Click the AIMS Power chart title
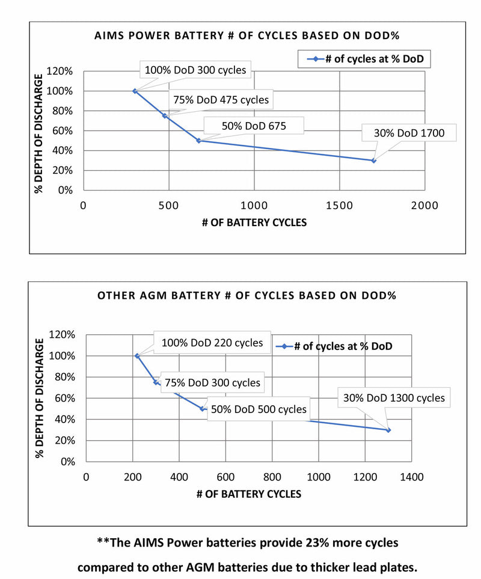247,35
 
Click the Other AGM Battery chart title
247,296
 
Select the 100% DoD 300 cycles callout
195,70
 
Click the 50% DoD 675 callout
253,126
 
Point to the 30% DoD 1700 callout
409,133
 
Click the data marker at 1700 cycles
373,161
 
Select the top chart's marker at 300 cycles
135,91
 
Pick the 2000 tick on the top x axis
424,205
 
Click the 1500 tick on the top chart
339,205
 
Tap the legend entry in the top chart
366,59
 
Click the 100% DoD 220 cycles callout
212,343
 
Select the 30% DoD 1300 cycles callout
394,398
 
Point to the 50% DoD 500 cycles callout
259,409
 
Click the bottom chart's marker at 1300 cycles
388,430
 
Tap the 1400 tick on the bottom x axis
411,477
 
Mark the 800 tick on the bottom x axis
272,477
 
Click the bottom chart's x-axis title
248,494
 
